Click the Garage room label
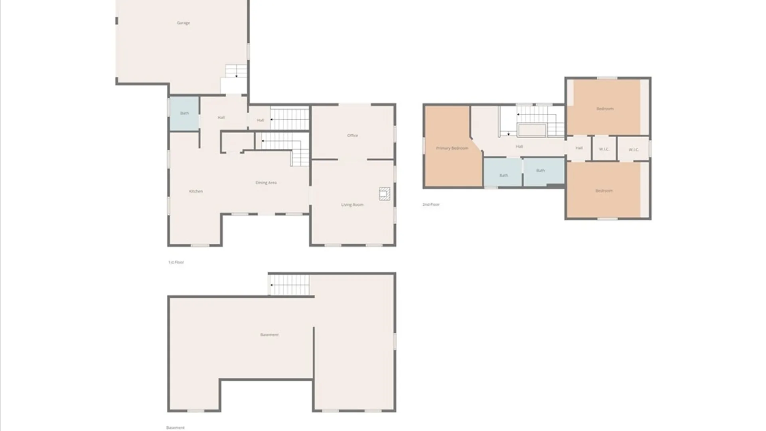(183, 23)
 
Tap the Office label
(352, 135)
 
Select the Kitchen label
(196, 191)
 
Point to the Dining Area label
(266, 182)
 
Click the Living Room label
(352, 205)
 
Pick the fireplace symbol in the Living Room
(385, 194)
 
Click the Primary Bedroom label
(452, 148)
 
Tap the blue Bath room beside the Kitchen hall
(184, 113)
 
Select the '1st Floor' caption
(176, 262)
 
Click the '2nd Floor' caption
(431, 204)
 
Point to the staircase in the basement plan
(290, 285)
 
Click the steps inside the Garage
(236, 71)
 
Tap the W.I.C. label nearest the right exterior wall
(634, 150)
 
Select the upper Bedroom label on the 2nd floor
(605, 109)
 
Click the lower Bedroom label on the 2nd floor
(604, 191)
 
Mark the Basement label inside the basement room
(269, 335)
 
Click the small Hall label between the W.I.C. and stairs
(579, 148)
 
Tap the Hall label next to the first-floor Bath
(221, 117)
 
